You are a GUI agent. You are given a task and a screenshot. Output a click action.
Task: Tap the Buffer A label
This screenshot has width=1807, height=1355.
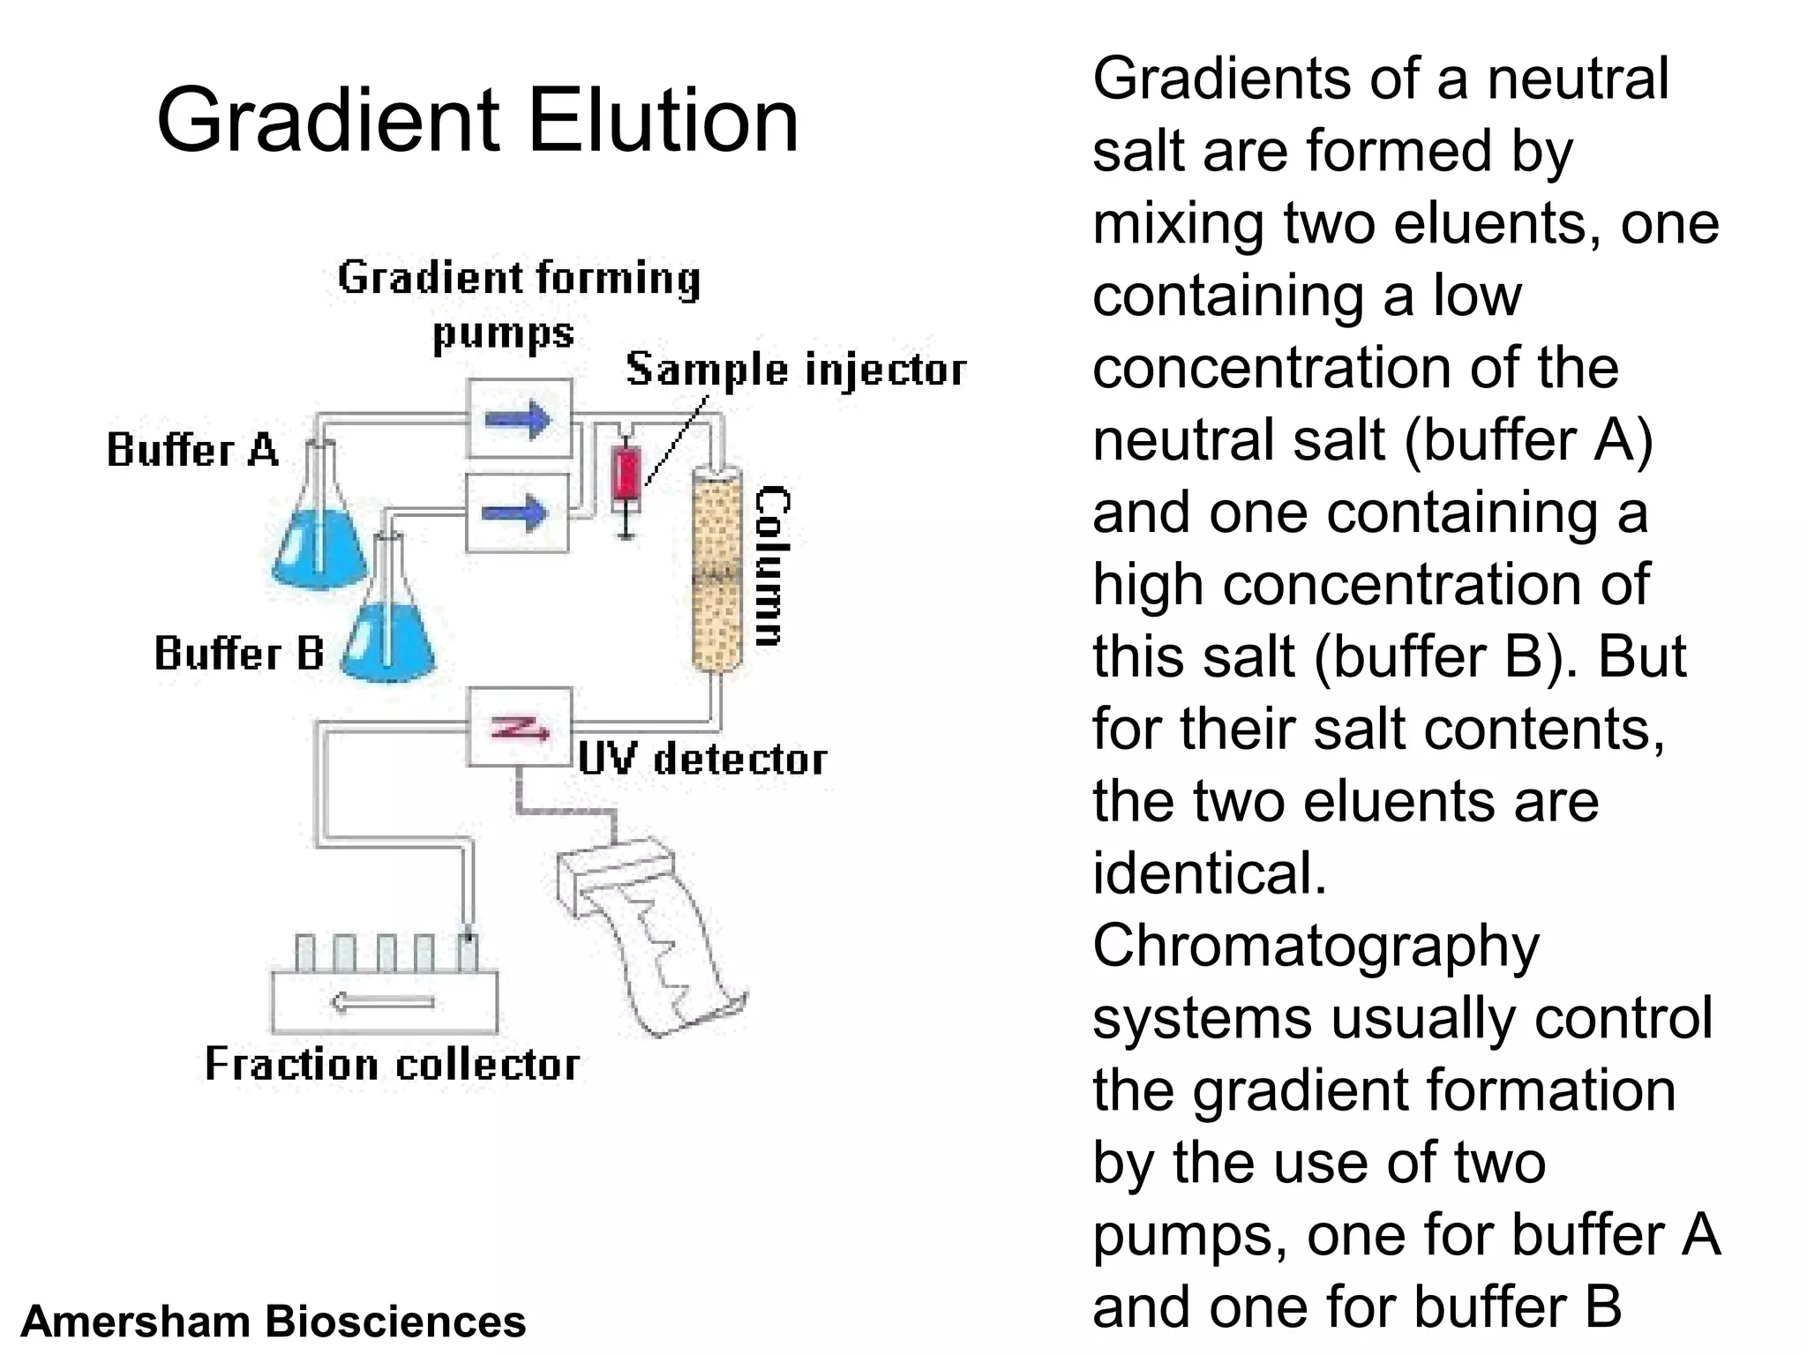192,450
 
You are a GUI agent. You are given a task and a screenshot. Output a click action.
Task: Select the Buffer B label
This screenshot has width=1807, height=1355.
239,654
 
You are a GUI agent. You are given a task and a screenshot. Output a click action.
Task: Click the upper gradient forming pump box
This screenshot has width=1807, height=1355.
519,418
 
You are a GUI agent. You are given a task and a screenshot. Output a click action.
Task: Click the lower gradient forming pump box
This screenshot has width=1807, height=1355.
517,513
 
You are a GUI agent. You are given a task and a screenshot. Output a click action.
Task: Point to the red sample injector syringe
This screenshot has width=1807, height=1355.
626,476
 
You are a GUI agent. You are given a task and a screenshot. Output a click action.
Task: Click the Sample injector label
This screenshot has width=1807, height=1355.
796,370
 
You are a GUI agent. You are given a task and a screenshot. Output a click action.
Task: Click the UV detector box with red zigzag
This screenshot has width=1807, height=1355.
519,727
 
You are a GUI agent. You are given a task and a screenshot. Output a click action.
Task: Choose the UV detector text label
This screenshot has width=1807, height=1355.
702,760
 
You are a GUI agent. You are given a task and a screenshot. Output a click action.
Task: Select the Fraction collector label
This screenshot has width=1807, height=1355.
392,1064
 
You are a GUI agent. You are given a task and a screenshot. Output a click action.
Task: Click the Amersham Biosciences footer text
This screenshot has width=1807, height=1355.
274,1321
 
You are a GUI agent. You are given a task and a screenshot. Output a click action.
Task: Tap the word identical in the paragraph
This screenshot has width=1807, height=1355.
1210,874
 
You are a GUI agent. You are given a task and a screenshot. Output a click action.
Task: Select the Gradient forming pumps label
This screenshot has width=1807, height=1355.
519,304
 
